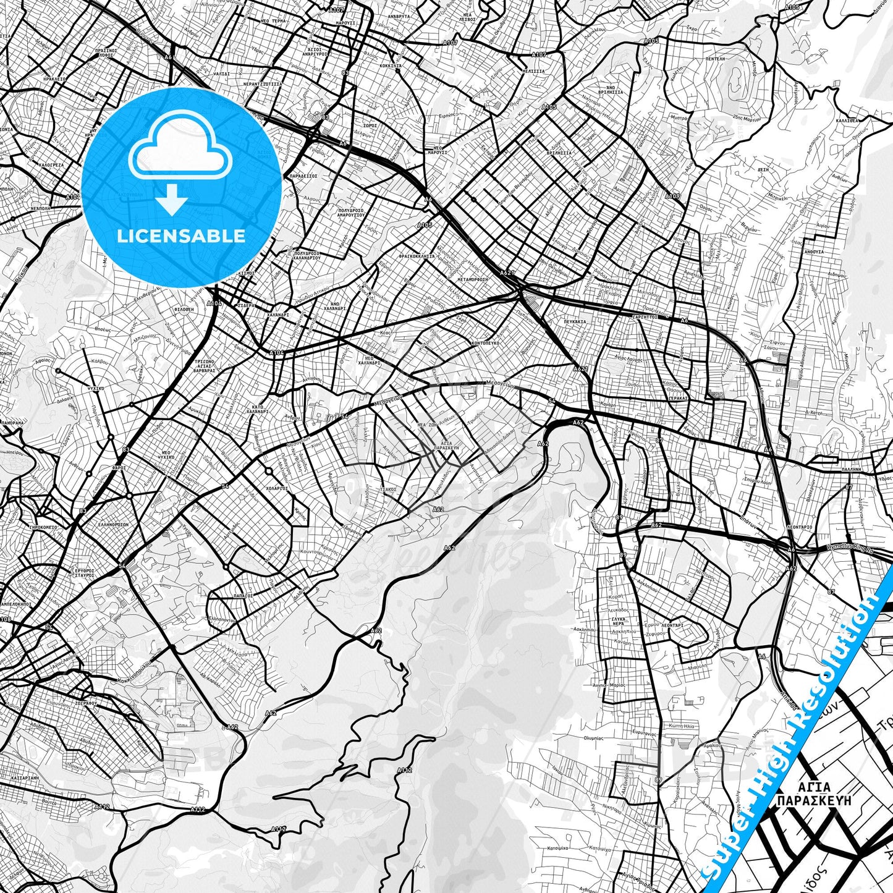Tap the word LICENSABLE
[180, 236]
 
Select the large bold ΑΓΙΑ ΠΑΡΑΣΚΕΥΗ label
[814, 794]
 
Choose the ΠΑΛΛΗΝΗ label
[851, 470]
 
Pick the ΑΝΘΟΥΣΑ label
[813, 252]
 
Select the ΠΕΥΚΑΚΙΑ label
[575, 322]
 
